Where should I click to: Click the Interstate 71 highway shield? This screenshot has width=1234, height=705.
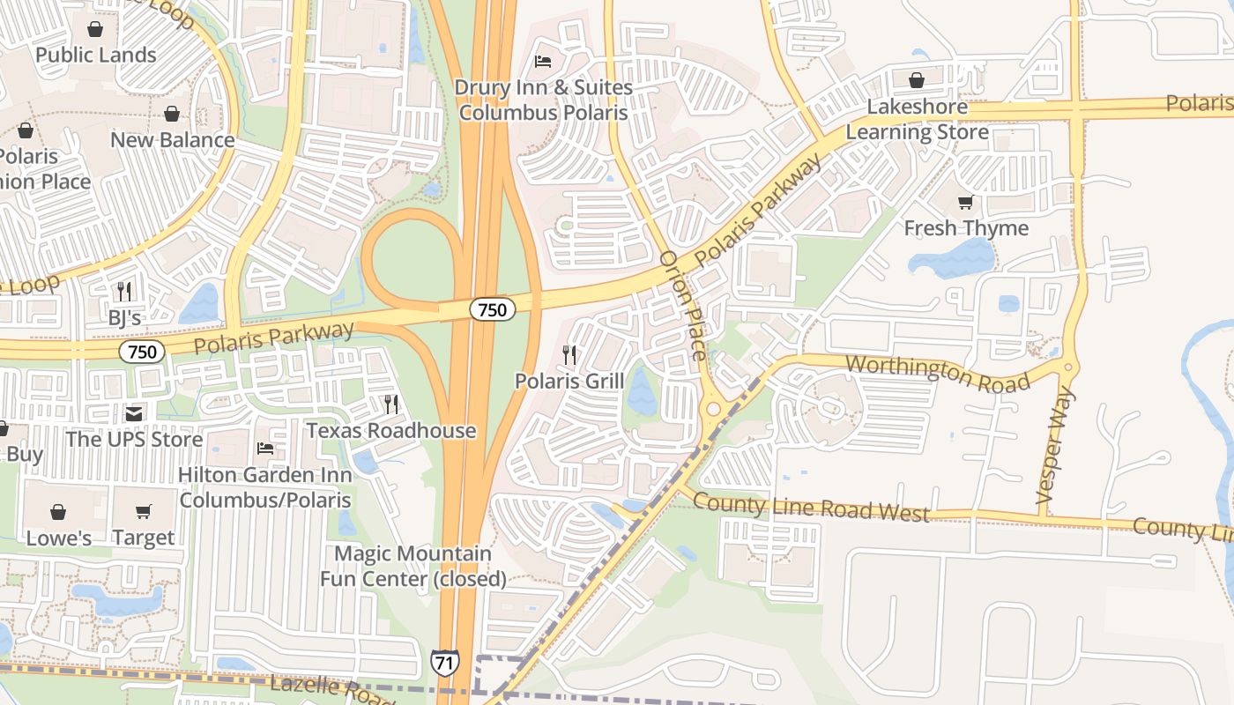445,662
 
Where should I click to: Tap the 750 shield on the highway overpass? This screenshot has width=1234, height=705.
492,309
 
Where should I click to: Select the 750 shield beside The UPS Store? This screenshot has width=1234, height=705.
142,352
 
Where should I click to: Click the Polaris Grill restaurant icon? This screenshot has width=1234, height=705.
569,355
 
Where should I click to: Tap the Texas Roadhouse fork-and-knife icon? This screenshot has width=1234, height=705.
390,404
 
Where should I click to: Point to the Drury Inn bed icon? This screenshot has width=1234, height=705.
543,62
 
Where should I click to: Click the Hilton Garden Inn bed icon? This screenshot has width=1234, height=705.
265,449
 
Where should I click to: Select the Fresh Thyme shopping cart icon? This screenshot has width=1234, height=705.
966,202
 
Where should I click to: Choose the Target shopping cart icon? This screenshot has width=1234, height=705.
144,512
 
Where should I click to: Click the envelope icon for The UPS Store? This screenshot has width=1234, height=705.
134,413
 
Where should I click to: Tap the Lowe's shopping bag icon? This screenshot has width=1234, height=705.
58,512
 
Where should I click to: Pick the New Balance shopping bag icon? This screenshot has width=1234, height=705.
172,114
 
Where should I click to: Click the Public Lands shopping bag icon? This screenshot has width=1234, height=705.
95,29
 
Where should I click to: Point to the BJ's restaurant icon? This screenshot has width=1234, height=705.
124,291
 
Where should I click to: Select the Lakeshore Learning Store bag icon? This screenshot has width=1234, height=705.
917,80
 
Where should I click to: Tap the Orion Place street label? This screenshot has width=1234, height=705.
683,305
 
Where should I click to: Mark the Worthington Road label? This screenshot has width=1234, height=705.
938,374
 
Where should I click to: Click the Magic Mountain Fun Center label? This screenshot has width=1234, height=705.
413,566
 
